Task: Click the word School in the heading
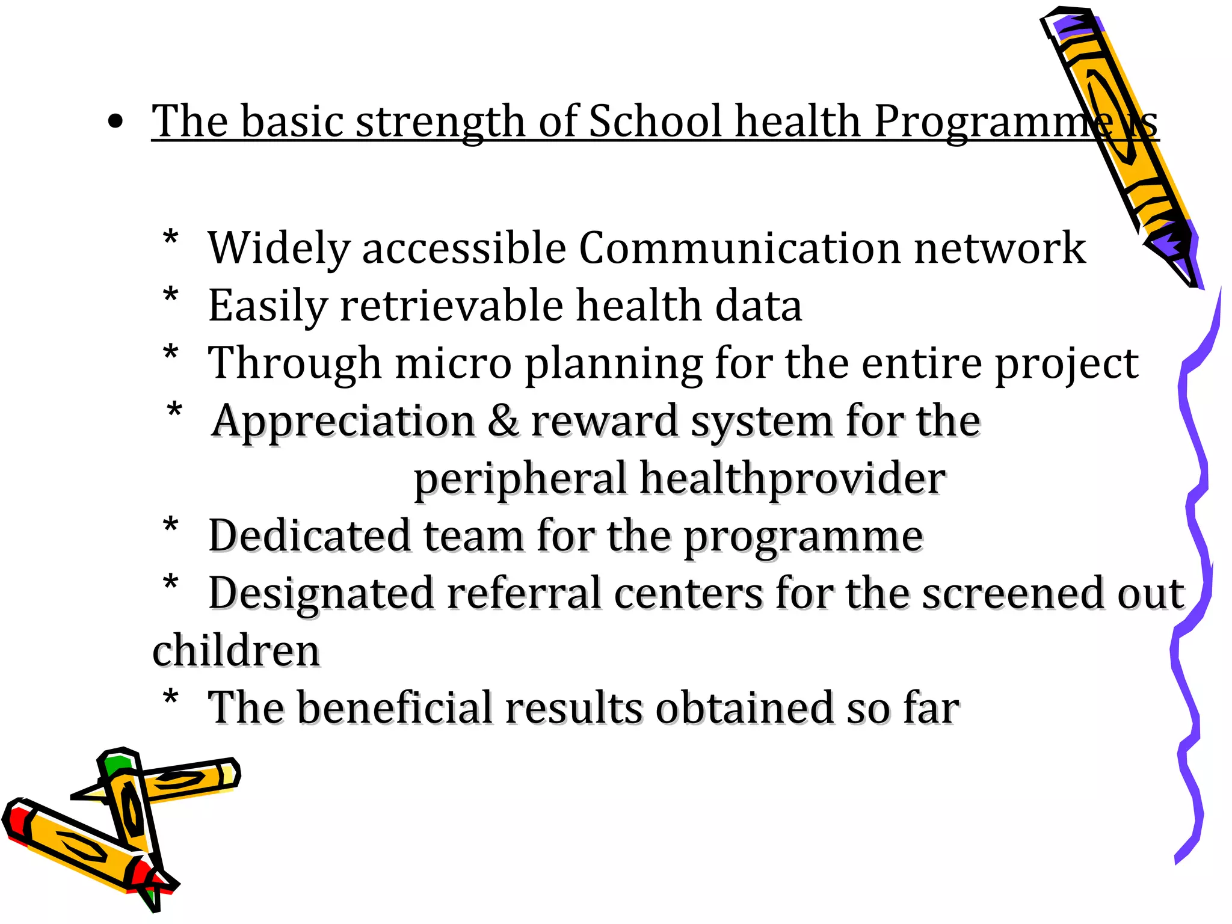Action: (x=654, y=121)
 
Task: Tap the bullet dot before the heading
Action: (x=115, y=122)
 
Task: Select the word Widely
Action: (x=278, y=248)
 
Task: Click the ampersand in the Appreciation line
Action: (x=502, y=420)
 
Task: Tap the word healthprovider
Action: (x=792, y=479)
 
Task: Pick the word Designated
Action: (x=321, y=594)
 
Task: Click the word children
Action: (x=236, y=651)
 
